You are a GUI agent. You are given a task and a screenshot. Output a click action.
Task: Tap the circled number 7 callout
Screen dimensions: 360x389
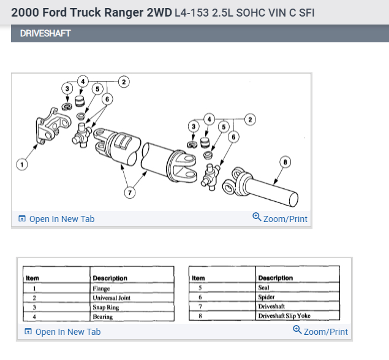(129, 193)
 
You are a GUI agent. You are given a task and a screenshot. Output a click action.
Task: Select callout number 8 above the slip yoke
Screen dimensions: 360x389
(285, 161)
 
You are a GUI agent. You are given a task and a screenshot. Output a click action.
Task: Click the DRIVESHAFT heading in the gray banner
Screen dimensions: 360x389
(45, 33)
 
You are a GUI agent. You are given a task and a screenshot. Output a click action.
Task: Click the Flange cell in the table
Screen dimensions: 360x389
(101, 288)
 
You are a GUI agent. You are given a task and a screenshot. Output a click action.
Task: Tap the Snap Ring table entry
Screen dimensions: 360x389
(105, 307)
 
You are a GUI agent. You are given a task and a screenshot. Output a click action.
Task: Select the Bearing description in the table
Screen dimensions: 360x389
(103, 316)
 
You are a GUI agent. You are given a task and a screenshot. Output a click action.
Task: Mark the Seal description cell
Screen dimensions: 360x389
(265, 287)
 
